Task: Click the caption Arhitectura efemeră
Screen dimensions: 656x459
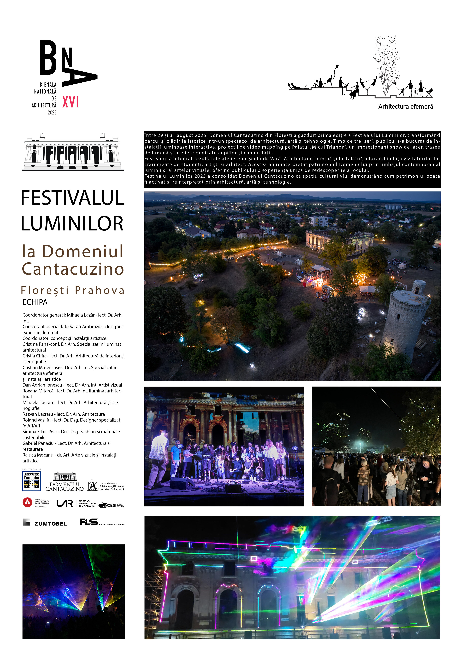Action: click(x=405, y=107)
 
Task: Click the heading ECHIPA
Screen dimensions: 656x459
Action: click(x=35, y=302)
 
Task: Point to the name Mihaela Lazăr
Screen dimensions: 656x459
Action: click(x=81, y=315)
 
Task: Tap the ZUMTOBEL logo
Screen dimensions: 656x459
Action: click(x=45, y=523)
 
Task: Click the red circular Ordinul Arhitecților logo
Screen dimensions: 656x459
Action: click(x=27, y=502)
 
